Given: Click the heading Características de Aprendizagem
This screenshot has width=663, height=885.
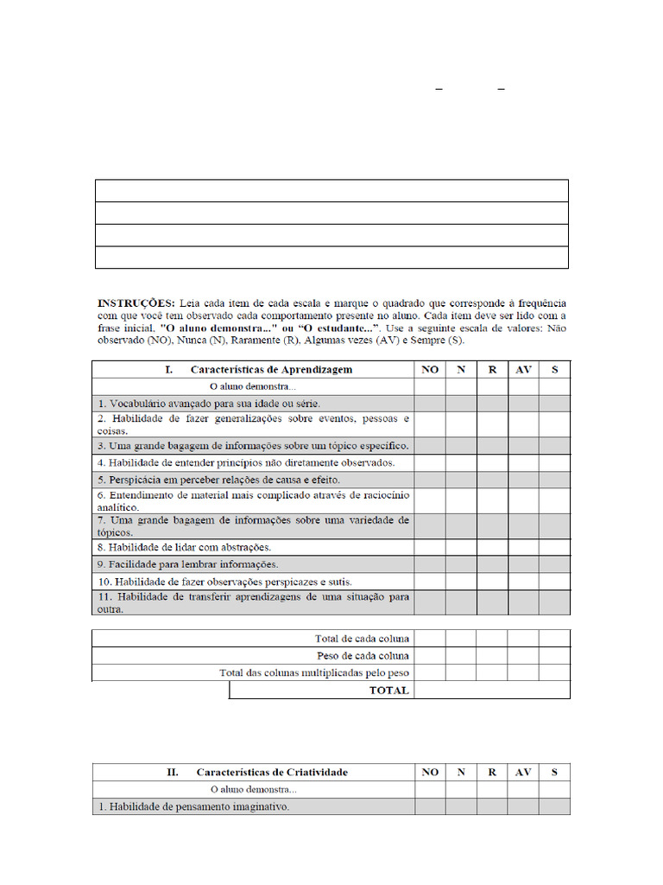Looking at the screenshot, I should pyautogui.click(x=271, y=369).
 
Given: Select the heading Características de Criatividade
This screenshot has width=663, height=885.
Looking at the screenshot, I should pyautogui.click(x=272, y=772).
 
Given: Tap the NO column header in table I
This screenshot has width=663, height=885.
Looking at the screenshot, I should pyautogui.click(x=429, y=369).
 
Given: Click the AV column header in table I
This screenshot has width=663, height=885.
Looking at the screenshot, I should pyautogui.click(x=523, y=369).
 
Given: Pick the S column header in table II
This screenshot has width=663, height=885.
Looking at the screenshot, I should pyautogui.click(x=554, y=772).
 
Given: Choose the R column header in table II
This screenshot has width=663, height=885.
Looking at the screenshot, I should pyautogui.click(x=492, y=772).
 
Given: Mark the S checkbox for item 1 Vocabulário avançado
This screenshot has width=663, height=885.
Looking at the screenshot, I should pyautogui.click(x=554, y=404).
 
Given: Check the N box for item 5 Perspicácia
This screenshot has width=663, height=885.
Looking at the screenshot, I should pyautogui.click(x=461, y=480).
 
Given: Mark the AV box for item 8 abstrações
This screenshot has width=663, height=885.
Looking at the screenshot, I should pyautogui.click(x=523, y=547).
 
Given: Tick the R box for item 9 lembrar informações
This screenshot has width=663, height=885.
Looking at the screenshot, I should pyautogui.click(x=492, y=564).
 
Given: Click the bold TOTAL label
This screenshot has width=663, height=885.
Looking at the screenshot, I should pyautogui.click(x=389, y=691).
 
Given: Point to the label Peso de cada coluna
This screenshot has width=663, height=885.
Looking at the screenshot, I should pyautogui.click(x=363, y=656).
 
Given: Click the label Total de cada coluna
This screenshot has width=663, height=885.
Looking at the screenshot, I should pyautogui.click(x=363, y=639).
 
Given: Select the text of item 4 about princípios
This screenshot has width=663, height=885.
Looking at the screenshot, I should pyautogui.click(x=246, y=462).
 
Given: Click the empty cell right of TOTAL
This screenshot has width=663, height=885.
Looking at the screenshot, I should pyautogui.click(x=492, y=691).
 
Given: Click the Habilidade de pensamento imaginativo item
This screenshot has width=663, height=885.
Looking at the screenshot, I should pyautogui.click(x=193, y=806).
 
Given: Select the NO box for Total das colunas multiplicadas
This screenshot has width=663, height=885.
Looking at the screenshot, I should pyautogui.click(x=429, y=672).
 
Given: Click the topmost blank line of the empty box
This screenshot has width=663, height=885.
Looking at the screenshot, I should pyautogui.click(x=331, y=191).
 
